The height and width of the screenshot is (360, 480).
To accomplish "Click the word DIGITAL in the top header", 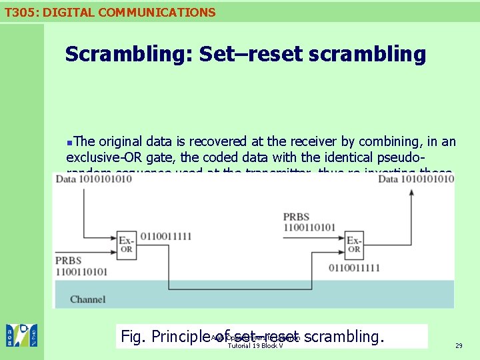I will [x=68, y=12].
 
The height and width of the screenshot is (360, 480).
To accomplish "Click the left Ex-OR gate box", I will [x=126, y=244].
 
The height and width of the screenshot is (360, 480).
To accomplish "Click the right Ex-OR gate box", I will [x=354, y=244].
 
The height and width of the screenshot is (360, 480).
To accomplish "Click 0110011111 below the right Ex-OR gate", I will [x=354, y=268].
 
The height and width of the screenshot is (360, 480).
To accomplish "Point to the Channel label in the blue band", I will [x=87, y=299].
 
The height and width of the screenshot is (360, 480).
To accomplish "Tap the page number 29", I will [x=459, y=345].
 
